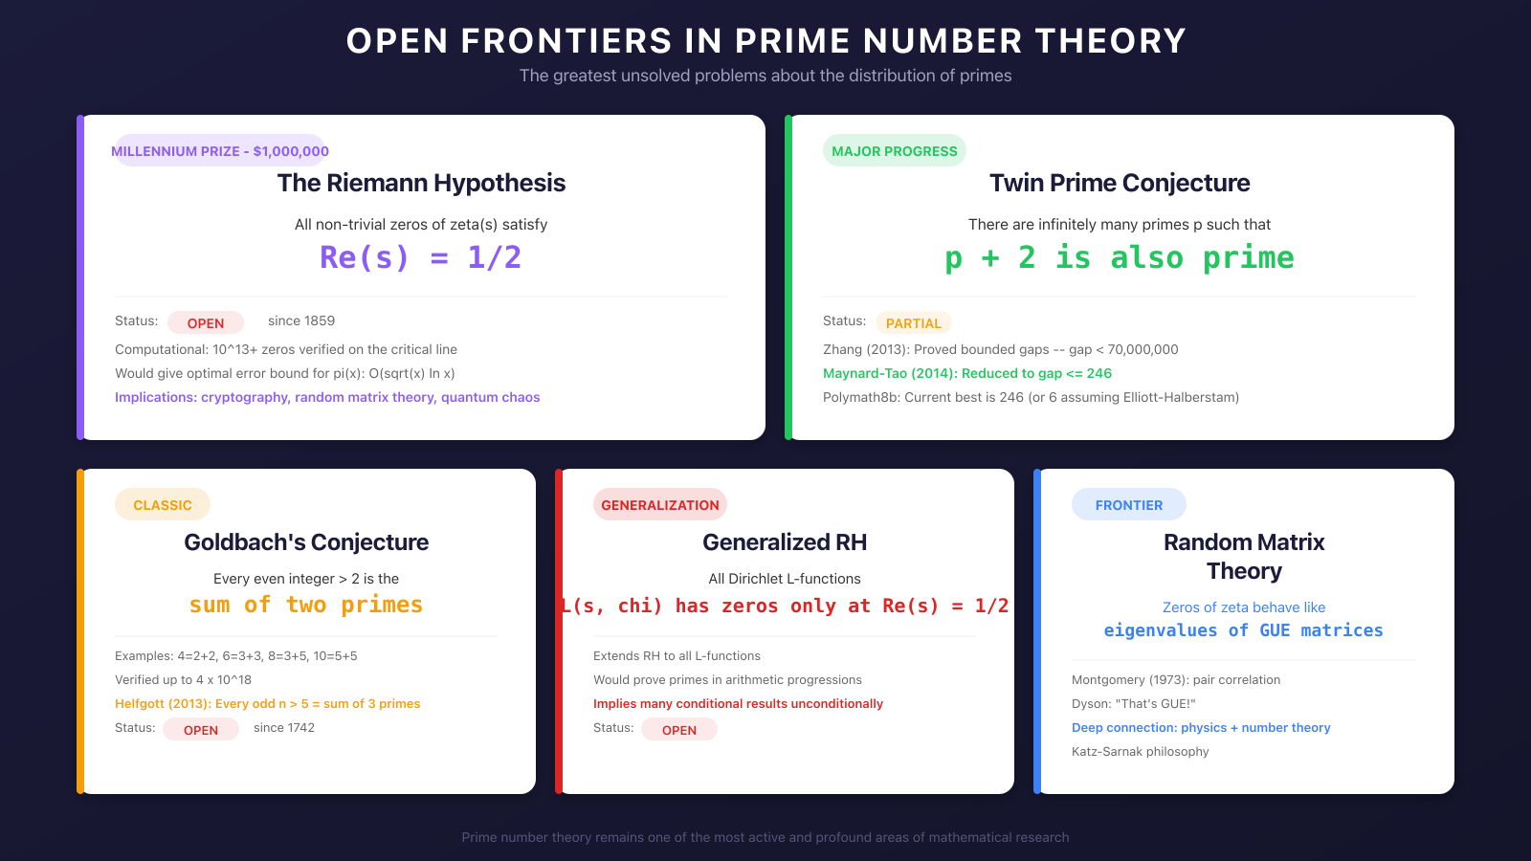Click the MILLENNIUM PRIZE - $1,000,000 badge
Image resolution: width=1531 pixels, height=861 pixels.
point(220,151)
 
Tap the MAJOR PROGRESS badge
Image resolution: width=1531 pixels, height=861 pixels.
point(894,151)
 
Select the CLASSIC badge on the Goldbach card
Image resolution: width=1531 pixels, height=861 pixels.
point(163,505)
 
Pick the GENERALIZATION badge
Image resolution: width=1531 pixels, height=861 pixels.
point(660,505)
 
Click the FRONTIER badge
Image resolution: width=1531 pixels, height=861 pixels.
point(1129,505)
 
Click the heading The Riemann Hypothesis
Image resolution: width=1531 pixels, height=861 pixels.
point(421,183)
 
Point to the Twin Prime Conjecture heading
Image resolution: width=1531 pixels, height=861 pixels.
point(1120,183)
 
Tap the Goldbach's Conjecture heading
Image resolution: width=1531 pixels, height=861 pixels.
point(306,542)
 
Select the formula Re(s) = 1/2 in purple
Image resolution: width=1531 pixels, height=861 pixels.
point(421,257)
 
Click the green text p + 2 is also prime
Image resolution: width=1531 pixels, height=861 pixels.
point(1120,257)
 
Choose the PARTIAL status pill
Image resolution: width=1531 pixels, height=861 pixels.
point(914,323)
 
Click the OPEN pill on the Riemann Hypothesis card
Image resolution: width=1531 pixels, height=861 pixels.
point(206,323)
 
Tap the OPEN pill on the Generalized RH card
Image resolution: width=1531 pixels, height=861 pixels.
point(679,730)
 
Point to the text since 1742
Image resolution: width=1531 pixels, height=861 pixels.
point(284,728)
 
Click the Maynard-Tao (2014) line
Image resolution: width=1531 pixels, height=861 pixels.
point(967,374)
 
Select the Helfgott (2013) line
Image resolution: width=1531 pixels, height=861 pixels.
point(268,704)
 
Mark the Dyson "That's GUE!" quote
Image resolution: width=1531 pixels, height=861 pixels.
point(1134,704)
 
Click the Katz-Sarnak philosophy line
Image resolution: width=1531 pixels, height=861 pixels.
point(1141,752)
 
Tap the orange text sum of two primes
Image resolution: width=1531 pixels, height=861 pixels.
point(306,605)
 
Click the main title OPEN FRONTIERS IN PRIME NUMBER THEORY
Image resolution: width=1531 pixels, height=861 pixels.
point(765,41)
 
